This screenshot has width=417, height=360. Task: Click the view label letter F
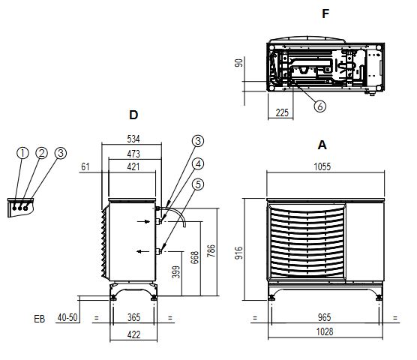point(325,13)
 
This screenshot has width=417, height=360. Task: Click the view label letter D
point(133,115)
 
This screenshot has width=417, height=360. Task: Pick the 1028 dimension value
point(323,331)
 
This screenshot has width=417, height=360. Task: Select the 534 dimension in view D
point(133,139)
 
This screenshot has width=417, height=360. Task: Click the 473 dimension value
point(133,153)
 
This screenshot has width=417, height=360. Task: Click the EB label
point(40,319)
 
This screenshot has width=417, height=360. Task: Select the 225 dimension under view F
point(282,112)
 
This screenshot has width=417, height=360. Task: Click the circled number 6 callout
point(320,106)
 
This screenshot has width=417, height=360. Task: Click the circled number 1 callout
point(23,153)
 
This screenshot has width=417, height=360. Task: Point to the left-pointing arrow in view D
point(141,252)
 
